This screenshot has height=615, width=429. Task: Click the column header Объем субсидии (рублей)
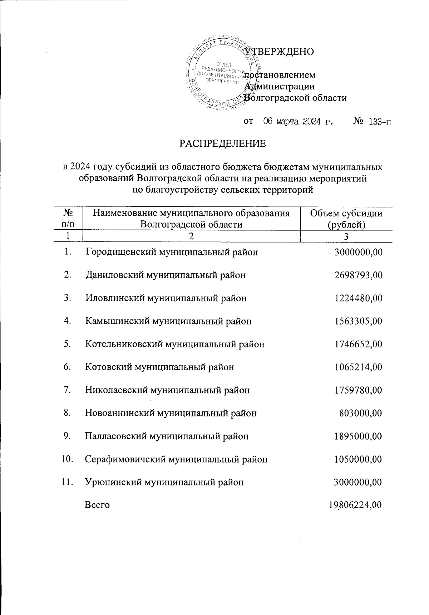[x=346, y=219]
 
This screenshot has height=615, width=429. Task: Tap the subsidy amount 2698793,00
[x=359, y=275]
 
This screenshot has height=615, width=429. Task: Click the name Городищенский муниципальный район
[x=172, y=252]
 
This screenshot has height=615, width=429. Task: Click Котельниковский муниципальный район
[x=175, y=344]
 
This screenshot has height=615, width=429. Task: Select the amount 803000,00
[x=361, y=413]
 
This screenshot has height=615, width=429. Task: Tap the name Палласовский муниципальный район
[x=167, y=436]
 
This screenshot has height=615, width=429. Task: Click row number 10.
[x=68, y=459]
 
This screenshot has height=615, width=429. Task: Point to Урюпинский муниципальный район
[x=164, y=482]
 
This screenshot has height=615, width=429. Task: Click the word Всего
[x=97, y=505]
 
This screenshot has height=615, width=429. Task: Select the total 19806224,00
[x=355, y=505]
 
